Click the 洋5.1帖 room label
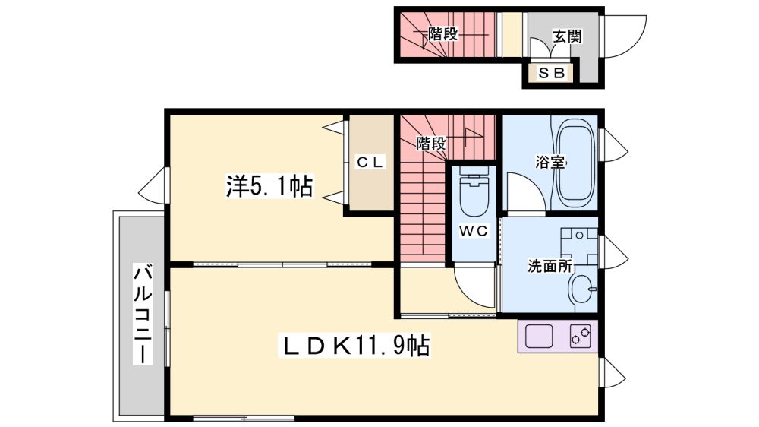click(269, 186)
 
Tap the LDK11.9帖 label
click(354, 346)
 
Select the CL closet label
click(370, 162)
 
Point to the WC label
click(474, 231)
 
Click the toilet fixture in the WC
click(474, 192)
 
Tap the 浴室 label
click(550, 162)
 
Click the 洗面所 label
click(550, 266)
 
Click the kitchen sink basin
click(540, 336)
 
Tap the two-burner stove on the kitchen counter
click(581, 335)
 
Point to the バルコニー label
click(143, 314)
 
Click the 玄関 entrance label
click(567, 36)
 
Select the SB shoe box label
click(552, 73)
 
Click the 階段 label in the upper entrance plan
click(443, 34)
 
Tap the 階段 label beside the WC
click(431, 143)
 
